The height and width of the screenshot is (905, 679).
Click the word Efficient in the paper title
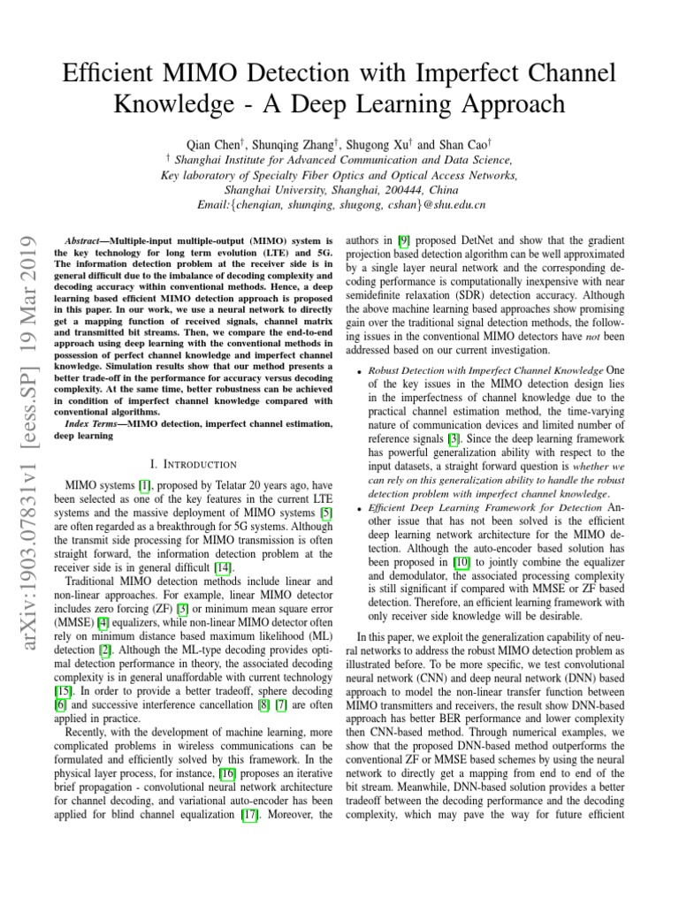(x=111, y=72)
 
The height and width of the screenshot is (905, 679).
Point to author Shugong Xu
(x=376, y=143)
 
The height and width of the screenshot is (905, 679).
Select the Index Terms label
(x=96, y=423)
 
